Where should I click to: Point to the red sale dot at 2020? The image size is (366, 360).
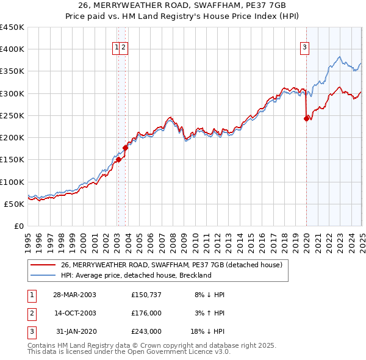coord(306,119)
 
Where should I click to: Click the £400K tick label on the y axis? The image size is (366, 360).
coord(12,49)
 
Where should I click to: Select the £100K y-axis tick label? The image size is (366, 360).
coord(12,182)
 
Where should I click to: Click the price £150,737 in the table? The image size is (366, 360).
coord(146,295)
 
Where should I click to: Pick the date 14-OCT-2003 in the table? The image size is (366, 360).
coord(75,313)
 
